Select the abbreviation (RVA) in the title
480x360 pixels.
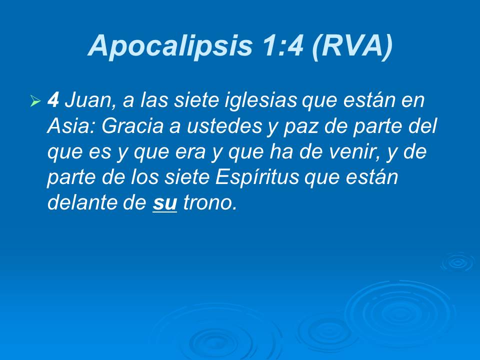pos(352,46)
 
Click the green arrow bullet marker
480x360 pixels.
pos(35,102)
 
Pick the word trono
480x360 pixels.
pos(209,203)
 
